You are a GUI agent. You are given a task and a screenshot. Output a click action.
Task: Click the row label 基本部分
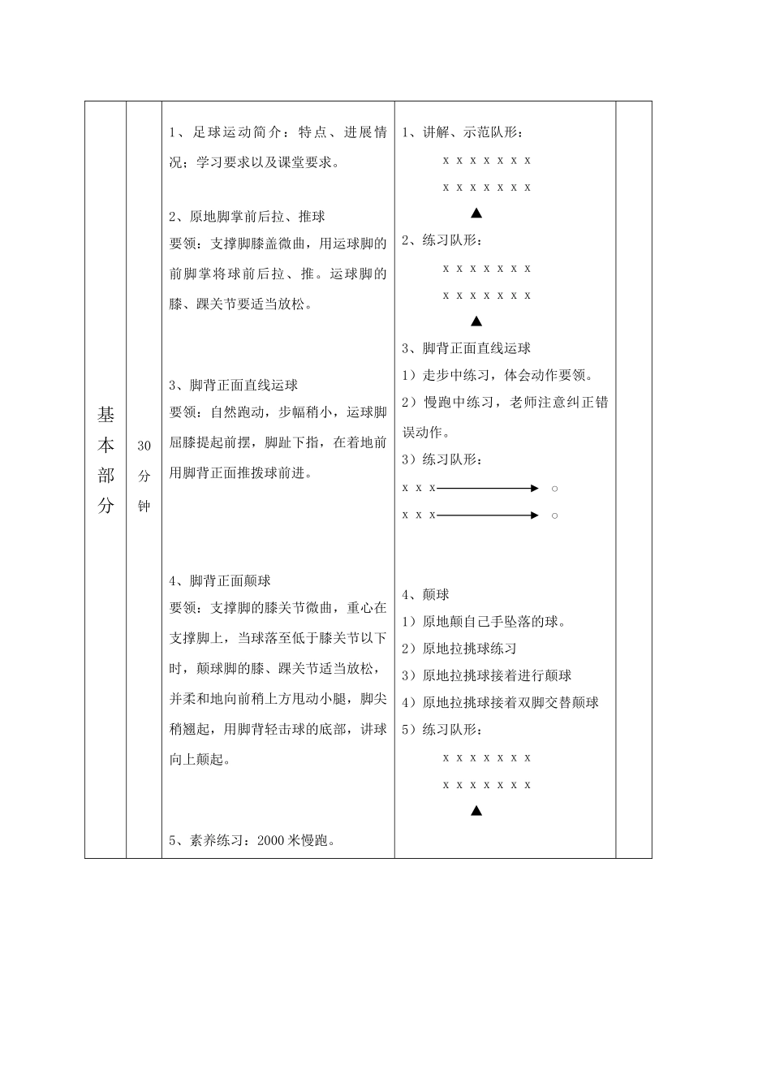106,460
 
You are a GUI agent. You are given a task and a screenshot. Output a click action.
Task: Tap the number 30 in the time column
144,446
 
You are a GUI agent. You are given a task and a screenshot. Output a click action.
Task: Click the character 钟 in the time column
144,507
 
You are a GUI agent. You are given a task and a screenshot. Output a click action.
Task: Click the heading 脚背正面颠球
230,581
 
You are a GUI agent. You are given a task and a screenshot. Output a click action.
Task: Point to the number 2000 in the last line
270,841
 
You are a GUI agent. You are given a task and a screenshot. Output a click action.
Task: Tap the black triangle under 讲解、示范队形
476,214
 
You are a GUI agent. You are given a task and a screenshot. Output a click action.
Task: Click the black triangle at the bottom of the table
476,811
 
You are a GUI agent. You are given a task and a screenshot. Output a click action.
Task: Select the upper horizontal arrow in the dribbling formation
487,489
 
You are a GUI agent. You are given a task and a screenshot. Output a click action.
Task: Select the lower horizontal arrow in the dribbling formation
487,515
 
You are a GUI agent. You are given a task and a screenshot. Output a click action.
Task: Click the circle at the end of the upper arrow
554,489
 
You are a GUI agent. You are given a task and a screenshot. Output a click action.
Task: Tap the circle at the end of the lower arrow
554,515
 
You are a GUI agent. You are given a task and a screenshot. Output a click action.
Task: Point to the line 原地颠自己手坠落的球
493,622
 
